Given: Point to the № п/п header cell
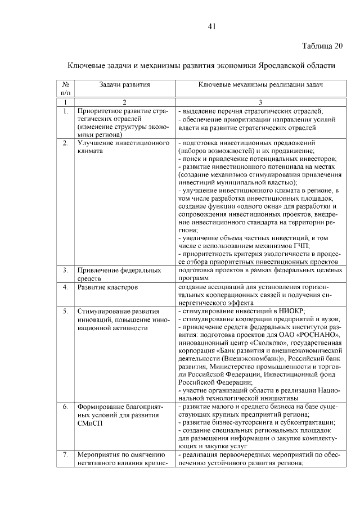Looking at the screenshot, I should coord(66,88).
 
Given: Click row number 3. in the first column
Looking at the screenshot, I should coord(66,270).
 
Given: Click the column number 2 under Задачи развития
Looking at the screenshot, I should coord(124,102).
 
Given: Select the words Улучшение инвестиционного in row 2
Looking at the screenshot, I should coord(123,143).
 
